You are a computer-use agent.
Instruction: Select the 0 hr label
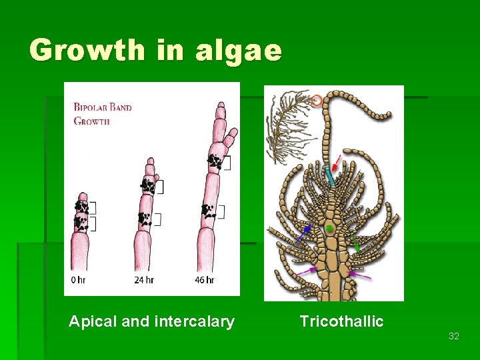pyautogui.click(x=78, y=280)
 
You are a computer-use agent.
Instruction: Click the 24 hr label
pyautogui.click(x=144, y=280)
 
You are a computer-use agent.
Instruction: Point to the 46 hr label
pyautogui.click(x=205, y=280)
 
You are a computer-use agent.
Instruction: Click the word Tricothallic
pyautogui.click(x=341, y=322)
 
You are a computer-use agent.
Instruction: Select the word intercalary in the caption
pyautogui.click(x=194, y=322)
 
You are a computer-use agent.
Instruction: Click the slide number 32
pyautogui.click(x=453, y=337)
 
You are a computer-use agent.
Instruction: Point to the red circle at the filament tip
pyautogui.click(x=317, y=101)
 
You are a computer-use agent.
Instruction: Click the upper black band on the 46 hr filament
pyautogui.click(x=215, y=161)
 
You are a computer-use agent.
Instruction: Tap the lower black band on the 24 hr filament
pyautogui.click(x=144, y=217)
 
